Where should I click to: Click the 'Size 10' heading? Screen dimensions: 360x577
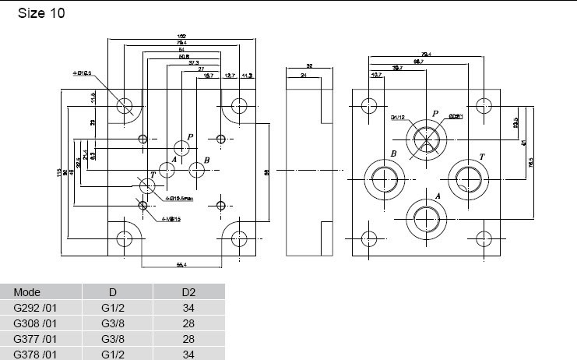tap(41, 13)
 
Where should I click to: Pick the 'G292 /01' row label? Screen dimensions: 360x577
tap(36, 308)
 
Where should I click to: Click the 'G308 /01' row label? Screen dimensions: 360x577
tap(36, 323)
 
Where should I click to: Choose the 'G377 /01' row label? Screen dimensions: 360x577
tap(36, 338)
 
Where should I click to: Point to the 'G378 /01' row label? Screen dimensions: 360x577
tap(36, 353)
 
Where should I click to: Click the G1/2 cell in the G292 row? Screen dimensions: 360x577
tap(113, 308)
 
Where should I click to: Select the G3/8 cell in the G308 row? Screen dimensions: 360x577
tap(113, 323)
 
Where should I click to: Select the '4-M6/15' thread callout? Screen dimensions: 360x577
tap(171, 220)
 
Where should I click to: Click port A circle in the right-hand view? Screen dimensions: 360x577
tap(424, 215)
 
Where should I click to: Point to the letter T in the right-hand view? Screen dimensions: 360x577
tap(482, 157)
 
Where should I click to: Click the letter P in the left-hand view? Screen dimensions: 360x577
tap(189, 136)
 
